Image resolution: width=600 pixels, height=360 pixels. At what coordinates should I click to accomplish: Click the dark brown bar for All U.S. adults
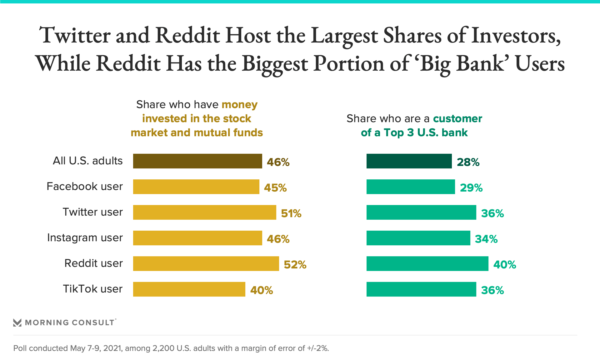pos(197,161)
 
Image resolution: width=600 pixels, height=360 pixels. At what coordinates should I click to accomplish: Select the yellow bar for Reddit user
pos(206,264)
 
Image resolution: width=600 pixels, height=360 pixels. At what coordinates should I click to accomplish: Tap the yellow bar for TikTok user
pos(189,289)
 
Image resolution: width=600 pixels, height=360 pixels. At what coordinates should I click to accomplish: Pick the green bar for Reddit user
pos(427,264)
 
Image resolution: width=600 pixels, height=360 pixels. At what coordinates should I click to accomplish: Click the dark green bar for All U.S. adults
pos(409,161)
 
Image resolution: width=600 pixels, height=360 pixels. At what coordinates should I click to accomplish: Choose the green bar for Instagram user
pos(418,238)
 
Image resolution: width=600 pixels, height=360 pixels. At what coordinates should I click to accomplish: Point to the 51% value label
pos(291,213)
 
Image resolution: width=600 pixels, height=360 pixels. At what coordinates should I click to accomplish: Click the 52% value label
pos(295,265)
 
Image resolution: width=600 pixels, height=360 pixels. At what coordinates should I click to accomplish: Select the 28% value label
pos(468,162)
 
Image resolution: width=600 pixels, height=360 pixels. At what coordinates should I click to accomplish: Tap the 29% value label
pos(471,188)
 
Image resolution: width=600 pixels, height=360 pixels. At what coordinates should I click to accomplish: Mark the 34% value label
pos(486,239)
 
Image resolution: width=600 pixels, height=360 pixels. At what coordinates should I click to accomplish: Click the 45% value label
pos(275,188)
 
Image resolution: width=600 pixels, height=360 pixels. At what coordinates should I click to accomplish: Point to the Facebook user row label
pos(85,186)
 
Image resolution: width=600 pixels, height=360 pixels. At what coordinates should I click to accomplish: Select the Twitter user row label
pos(93,212)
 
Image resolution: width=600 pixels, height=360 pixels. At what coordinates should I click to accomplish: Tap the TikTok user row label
pos(93,289)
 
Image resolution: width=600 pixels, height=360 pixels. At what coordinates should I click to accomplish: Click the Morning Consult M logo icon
pos(17,322)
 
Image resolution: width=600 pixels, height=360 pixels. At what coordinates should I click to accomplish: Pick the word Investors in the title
pos(516,35)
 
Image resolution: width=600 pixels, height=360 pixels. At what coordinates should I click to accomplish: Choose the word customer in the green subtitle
pos(457,119)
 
